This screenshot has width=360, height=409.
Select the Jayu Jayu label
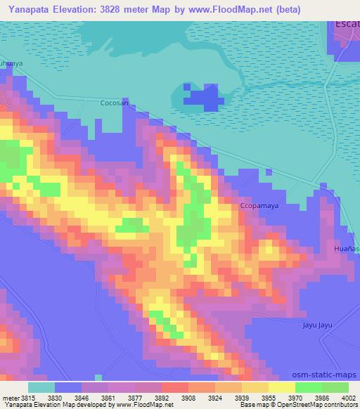(316, 325)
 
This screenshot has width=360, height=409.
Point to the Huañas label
(347, 249)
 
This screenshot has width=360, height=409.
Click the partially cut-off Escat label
(347, 25)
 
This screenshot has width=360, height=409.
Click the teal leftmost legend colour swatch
(41, 388)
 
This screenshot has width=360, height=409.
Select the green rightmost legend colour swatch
(335, 388)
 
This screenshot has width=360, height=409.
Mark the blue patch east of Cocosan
(201, 96)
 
